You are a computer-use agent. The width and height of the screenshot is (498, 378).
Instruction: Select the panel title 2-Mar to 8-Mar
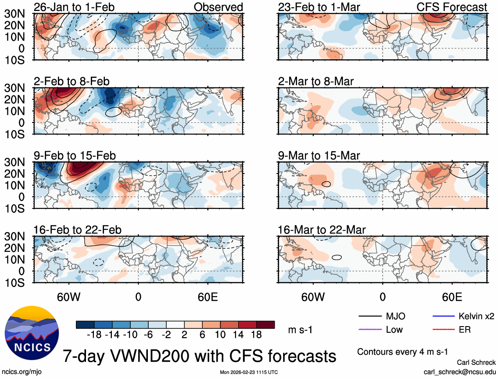click(316, 81)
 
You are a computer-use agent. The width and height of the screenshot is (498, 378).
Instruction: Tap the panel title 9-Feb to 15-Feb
click(75, 156)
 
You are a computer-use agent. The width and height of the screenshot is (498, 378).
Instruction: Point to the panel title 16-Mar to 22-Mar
click(322, 230)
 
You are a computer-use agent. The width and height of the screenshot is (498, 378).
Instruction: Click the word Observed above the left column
click(218, 7)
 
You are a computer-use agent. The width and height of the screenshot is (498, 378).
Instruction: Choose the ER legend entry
click(465, 329)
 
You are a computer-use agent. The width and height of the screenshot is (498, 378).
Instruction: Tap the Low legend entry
click(394, 329)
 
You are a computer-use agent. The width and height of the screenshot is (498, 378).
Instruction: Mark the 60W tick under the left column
click(69, 297)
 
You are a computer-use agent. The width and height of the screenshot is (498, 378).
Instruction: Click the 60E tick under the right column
click(452, 297)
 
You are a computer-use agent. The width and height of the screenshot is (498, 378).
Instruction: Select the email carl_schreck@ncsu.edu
click(459, 371)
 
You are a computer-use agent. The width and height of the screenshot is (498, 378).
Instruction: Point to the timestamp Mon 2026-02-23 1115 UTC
click(249, 372)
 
